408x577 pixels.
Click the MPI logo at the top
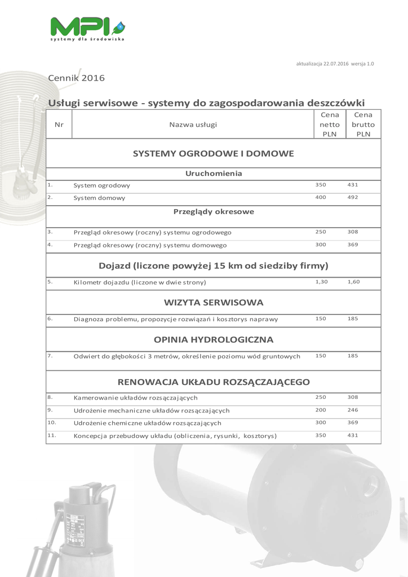click(x=87, y=28)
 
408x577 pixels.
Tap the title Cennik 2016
click(x=76, y=78)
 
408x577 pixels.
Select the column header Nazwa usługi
click(x=193, y=125)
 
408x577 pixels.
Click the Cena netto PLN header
click(x=330, y=125)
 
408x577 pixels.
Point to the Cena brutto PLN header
click(x=363, y=125)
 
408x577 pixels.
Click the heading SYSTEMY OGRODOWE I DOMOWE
click(x=213, y=153)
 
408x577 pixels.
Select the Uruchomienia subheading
click(x=214, y=174)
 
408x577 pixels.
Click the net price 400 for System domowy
click(x=321, y=197)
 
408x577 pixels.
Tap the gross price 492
click(x=353, y=197)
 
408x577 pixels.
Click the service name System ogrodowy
click(x=102, y=185)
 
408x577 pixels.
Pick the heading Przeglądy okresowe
click(x=214, y=212)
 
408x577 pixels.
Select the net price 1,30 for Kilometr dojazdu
click(x=321, y=281)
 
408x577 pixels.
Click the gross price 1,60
click(x=353, y=281)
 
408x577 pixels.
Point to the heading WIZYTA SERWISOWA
click(x=214, y=303)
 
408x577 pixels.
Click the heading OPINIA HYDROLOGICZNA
click(x=214, y=340)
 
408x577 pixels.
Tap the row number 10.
click(x=51, y=421)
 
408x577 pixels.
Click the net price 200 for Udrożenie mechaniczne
click(x=321, y=410)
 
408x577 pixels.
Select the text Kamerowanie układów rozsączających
click(x=135, y=398)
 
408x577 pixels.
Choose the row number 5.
click(x=50, y=281)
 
